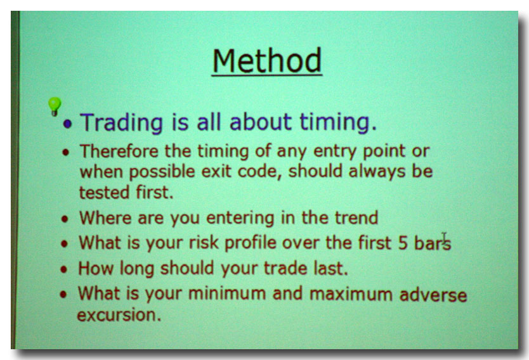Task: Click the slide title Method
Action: click(x=267, y=61)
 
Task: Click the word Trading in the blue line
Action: click(x=121, y=122)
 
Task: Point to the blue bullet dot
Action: click(x=68, y=124)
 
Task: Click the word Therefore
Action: click(x=119, y=151)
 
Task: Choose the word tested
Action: click(x=104, y=193)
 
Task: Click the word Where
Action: click(x=105, y=218)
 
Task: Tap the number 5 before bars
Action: click(x=403, y=243)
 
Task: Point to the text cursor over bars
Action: click(x=444, y=237)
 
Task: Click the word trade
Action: click(x=285, y=269)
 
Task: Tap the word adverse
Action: click(x=433, y=295)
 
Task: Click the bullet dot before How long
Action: click(x=64, y=269)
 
